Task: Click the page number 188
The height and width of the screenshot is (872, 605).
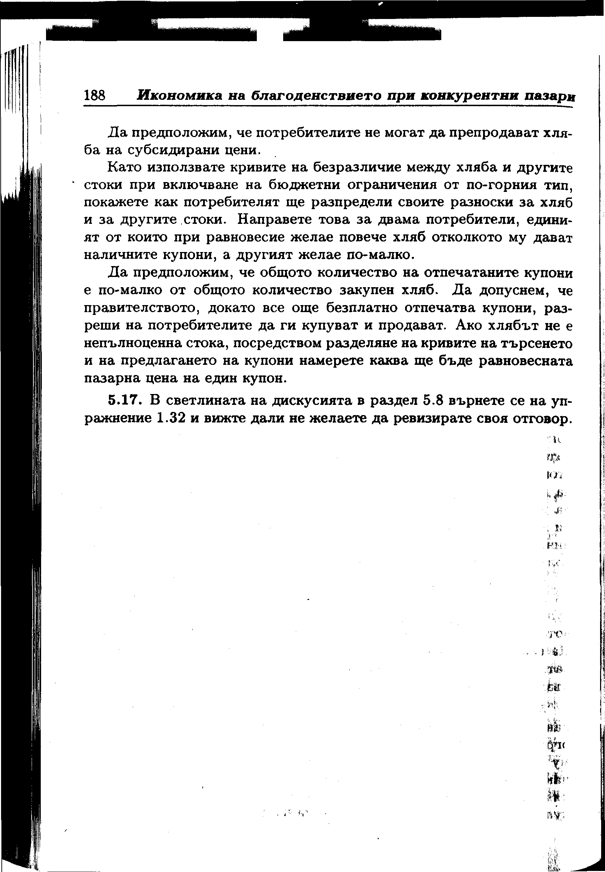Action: (95, 95)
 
